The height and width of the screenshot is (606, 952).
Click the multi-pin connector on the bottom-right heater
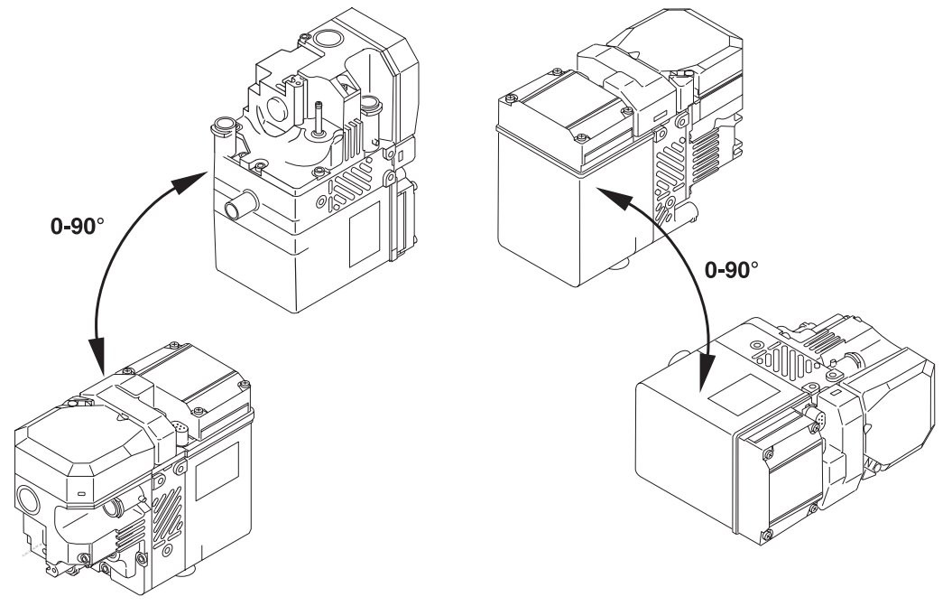pyautogui.click(x=818, y=417)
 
